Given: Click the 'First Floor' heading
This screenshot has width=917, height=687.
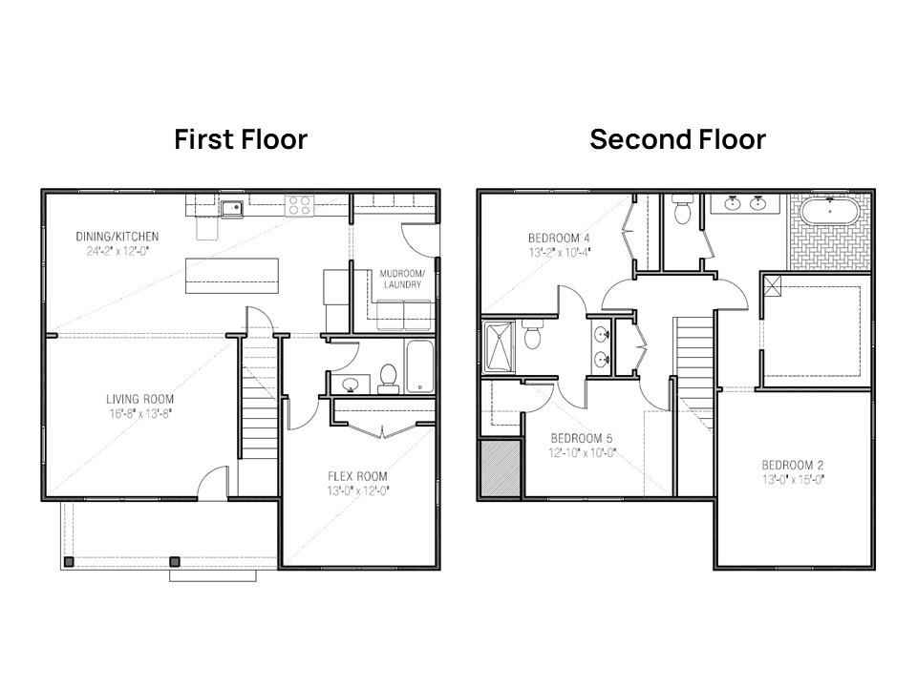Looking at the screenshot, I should click(241, 139).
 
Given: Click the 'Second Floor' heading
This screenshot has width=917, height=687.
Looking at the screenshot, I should click(677, 139).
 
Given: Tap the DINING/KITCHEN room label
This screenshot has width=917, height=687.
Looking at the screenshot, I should click(117, 237).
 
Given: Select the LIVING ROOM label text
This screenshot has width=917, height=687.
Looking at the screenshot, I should click(139, 399).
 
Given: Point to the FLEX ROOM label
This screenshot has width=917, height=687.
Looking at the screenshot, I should click(358, 476).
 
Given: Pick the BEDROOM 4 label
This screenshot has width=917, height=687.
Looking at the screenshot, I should click(560, 238).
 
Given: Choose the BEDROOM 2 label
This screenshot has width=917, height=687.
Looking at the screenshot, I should click(793, 465).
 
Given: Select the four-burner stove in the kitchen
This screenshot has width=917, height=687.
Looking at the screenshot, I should click(300, 204).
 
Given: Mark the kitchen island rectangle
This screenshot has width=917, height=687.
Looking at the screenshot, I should click(232, 275).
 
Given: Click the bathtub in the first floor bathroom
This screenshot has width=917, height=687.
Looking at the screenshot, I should click(420, 366).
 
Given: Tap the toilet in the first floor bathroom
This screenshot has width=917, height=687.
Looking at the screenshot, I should click(388, 377).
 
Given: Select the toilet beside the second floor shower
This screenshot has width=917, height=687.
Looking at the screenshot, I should click(533, 336).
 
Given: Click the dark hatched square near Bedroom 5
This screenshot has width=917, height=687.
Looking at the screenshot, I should click(500, 468).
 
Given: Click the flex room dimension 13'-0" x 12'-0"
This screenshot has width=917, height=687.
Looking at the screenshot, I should click(358, 490).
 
